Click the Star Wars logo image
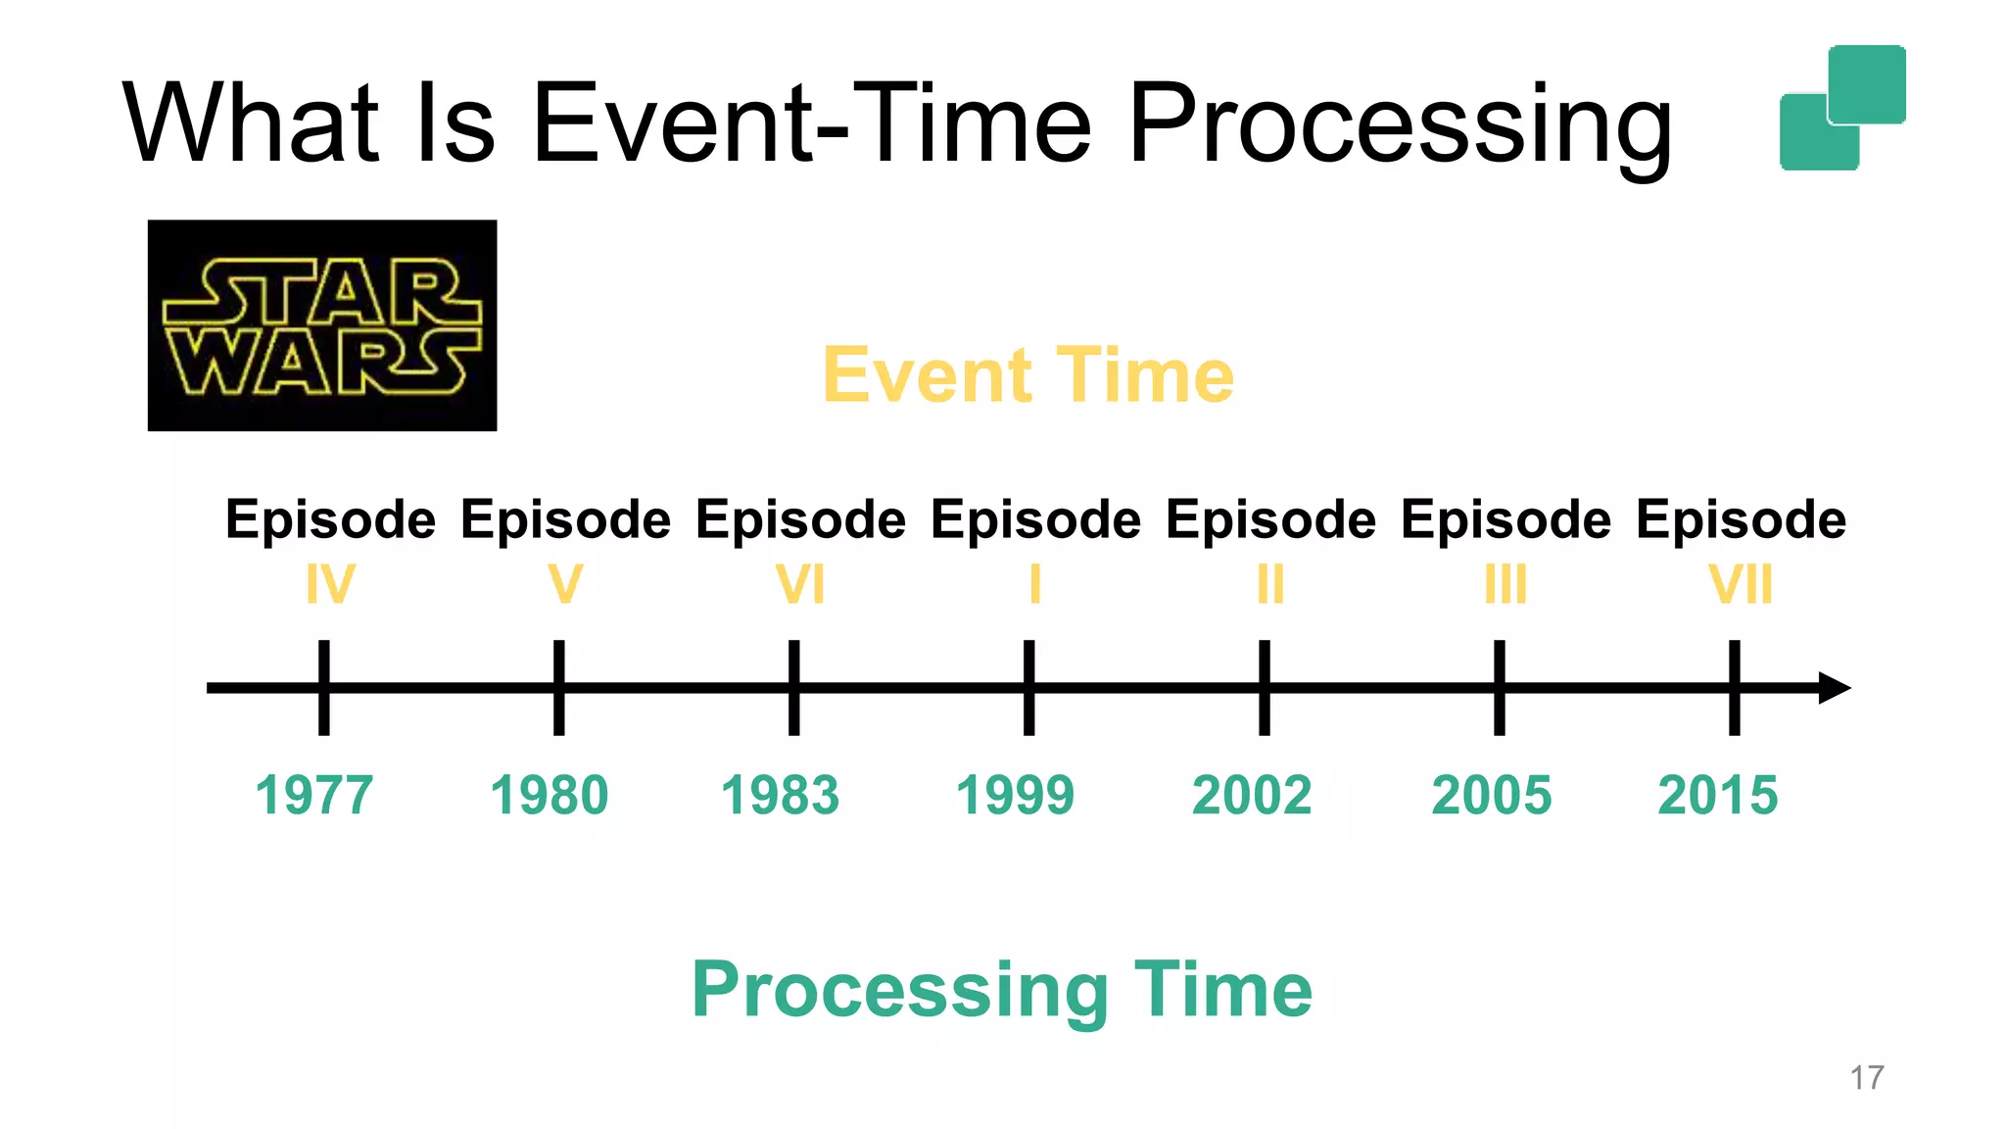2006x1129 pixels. pos(322,325)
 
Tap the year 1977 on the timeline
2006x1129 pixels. pos(314,795)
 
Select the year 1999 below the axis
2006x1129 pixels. pos(1015,795)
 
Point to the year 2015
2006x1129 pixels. pos(1717,795)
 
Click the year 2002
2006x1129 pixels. pos(1251,795)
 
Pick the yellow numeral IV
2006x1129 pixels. pos(330,585)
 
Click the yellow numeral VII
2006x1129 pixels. pos(1741,585)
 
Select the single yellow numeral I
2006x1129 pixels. pos(1034,585)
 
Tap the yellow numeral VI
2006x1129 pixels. pos(800,585)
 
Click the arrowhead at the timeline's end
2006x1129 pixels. pos(1834,687)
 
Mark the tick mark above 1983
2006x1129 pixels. pos(793,687)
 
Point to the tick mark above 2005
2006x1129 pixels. pos(1499,687)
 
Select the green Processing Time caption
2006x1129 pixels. pos(1001,990)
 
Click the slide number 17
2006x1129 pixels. pos(1866,1077)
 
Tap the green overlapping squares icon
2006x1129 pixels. pos(1842,108)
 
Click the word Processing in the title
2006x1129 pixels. pos(1400,125)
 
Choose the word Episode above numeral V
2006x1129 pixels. pos(565,519)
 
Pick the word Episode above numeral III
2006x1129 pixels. pos(1505,519)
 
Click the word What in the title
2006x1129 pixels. pos(251,123)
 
